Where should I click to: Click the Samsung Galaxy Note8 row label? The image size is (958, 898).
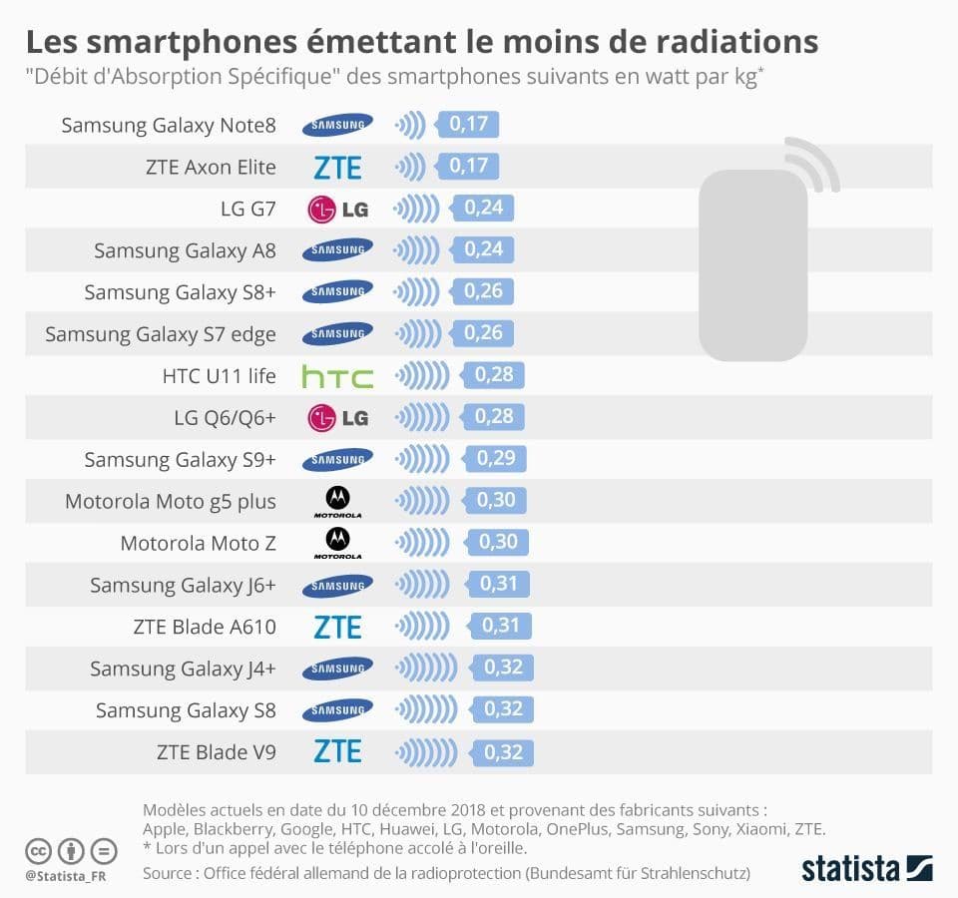pos(169,126)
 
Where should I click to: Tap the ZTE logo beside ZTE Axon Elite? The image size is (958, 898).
pos(337,168)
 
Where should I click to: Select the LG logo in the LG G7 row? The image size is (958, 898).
pos(337,210)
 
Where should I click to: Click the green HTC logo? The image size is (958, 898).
pos(337,377)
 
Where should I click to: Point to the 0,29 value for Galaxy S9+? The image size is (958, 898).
pos(496,459)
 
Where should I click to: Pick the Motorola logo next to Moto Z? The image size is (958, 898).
pos(337,543)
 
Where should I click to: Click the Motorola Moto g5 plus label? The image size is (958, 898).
pos(171,501)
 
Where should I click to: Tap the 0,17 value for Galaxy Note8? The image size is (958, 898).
pos(468,125)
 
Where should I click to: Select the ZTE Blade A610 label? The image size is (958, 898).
pos(205,627)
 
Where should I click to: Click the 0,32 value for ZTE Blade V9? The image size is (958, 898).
pos(503,751)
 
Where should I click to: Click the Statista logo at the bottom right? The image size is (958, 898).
pos(866,867)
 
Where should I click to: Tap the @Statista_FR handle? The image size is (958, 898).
pos(66,876)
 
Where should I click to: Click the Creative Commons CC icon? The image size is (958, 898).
pos(39,851)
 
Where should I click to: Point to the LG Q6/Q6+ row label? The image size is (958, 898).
pos(225,418)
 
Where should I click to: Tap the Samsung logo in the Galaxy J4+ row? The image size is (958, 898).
pos(337,668)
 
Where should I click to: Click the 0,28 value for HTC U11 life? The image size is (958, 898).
pos(493,376)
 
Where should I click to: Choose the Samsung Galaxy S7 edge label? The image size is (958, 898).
pos(161,334)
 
